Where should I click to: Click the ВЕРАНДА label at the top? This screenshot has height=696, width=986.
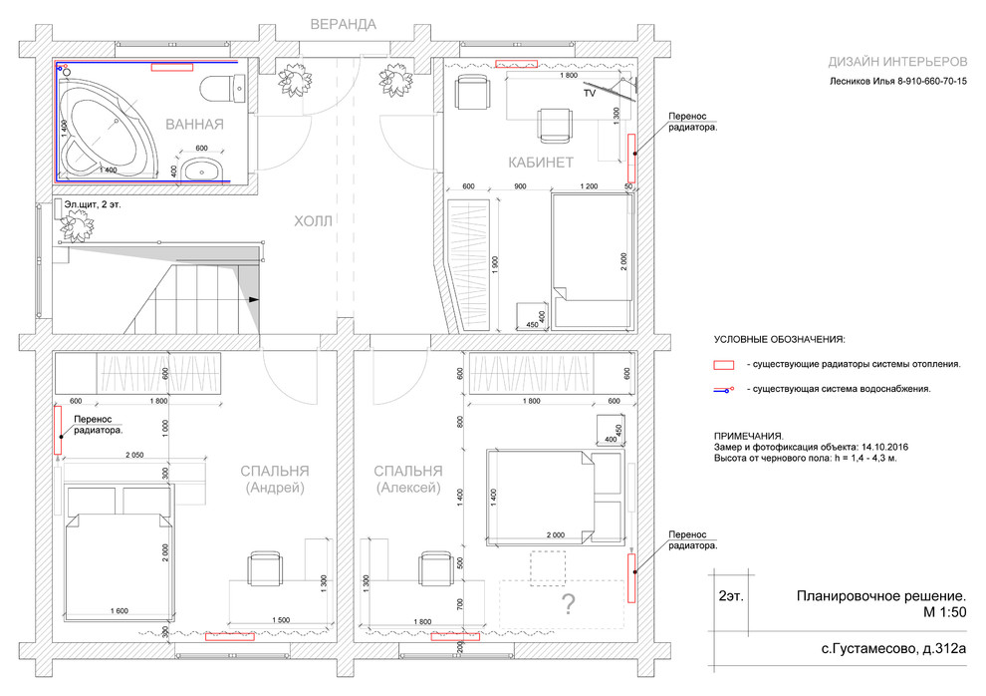click(x=344, y=25)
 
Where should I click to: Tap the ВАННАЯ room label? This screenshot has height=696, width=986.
click(x=194, y=124)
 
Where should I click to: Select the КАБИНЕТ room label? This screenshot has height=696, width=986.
click(x=541, y=163)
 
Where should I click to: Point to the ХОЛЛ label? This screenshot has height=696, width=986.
click(x=313, y=221)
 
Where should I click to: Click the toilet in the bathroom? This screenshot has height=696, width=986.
click(x=222, y=88)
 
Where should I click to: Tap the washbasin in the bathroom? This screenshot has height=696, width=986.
click(x=201, y=170)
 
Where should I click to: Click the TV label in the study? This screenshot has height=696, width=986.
click(x=590, y=93)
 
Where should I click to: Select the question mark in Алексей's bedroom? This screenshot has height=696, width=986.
click(x=568, y=604)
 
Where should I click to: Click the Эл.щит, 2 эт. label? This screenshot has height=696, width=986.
click(x=93, y=204)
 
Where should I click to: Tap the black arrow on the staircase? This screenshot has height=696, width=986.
click(x=254, y=299)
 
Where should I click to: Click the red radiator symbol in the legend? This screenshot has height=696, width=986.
click(x=724, y=365)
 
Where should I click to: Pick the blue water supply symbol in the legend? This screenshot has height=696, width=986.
click(x=724, y=390)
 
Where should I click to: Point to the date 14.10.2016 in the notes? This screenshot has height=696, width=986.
click(x=884, y=447)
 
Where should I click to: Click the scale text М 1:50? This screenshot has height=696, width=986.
click(x=944, y=611)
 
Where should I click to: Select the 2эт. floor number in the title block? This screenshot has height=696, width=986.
click(x=731, y=596)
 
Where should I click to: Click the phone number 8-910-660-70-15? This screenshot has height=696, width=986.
click(x=926, y=81)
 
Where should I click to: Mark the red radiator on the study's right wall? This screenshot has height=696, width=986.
click(x=631, y=158)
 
